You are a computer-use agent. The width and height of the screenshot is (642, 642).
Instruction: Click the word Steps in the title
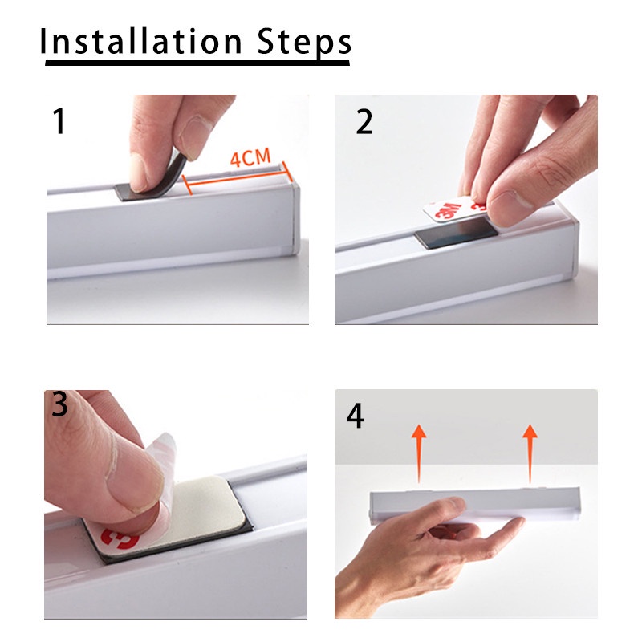point(304,43)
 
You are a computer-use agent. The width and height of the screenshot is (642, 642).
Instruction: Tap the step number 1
point(59,121)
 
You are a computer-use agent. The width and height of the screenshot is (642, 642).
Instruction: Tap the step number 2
point(364,122)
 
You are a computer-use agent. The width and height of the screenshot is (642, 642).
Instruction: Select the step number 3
point(59,404)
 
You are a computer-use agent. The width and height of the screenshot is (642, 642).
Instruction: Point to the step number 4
point(355,416)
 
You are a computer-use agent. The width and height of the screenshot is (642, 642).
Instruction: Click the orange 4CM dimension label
point(250,158)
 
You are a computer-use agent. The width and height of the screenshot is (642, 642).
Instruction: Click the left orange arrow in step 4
point(419,453)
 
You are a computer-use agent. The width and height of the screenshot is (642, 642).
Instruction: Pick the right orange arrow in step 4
point(530,453)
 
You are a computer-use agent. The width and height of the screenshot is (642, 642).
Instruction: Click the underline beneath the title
point(197,63)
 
